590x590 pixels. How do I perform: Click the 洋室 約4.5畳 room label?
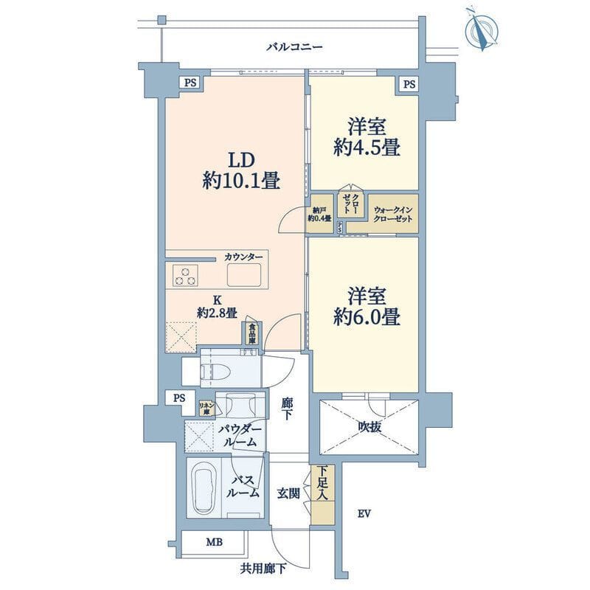click(x=366, y=137)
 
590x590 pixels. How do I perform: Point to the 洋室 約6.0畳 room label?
click(x=366, y=307)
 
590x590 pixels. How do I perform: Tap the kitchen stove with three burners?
click(x=185, y=276)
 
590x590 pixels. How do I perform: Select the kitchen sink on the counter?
click(x=244, y=276)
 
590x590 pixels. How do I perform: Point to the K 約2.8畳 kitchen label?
click(x=217, y=307)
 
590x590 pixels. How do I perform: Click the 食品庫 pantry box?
click(x=252, y=334)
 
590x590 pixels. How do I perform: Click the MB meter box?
click(x=213, y=543)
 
